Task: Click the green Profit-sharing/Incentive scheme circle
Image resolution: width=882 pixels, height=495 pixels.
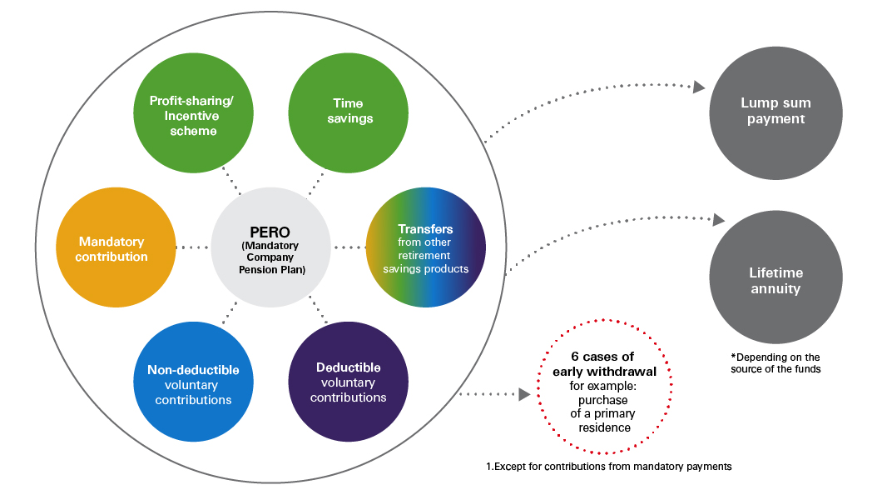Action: pos(192,117)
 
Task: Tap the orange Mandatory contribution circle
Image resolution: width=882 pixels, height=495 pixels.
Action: pos(116,248)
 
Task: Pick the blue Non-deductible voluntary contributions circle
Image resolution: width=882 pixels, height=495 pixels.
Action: pos(194,384)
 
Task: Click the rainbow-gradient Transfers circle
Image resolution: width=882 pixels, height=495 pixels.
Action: pos(426,248)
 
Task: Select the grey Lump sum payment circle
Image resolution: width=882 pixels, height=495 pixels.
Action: pos(775,112)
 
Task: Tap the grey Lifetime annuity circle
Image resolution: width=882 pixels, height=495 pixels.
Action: pos(775,281)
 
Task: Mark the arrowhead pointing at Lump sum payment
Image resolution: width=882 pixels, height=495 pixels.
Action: pos(699,87)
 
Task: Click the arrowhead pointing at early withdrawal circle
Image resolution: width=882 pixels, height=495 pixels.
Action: pos(524,394)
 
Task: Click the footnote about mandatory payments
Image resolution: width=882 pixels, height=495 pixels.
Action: pos(608,467)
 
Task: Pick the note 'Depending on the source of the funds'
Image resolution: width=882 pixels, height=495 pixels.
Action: pos(775,362)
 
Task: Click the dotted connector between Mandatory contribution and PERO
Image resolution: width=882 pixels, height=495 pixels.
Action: pos(193,247)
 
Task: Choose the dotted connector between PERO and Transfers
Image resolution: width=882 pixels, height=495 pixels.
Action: pos(349,247)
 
